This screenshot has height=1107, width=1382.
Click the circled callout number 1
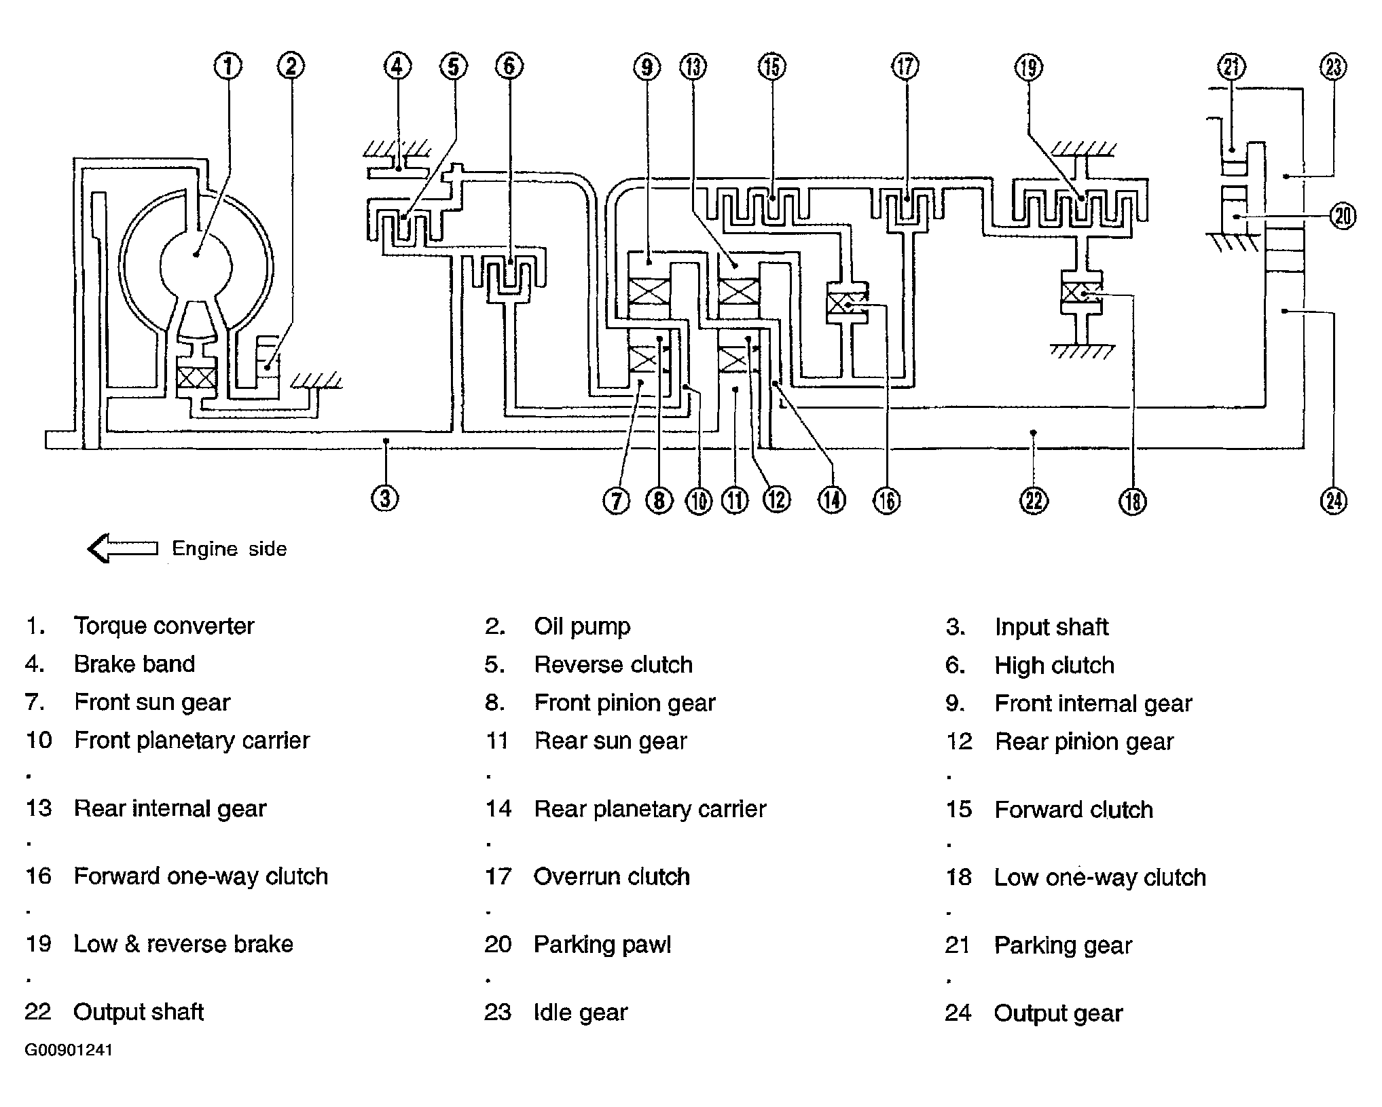[228, 66]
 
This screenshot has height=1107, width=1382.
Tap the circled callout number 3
[385, 498]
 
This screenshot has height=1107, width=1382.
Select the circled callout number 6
[509, 66]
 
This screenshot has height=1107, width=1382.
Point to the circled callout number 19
[1029, 67]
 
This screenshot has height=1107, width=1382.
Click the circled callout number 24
[1334, 501]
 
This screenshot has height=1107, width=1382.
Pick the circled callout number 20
[1343, 217]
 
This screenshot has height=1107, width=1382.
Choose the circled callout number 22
[1033, 501]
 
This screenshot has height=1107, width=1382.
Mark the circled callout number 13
[693, 67]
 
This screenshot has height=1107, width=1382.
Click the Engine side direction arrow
[123, 548]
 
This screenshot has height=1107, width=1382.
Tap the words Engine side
[230, 548]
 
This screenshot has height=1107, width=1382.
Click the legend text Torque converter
[164, 626]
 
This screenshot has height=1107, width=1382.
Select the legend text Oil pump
[582, 626]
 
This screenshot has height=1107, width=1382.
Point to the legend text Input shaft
[1051, 627]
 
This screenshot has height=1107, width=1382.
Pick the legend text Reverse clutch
[613, 664]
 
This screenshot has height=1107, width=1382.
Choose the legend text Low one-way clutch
[1100, 878]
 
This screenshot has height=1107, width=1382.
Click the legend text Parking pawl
[602, 945]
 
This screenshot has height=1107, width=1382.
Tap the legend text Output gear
[1058, 1013]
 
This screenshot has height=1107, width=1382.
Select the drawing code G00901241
[69, 1050]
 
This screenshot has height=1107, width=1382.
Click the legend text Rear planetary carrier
[650, 809]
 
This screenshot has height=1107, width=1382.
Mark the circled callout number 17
[905, 67]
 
